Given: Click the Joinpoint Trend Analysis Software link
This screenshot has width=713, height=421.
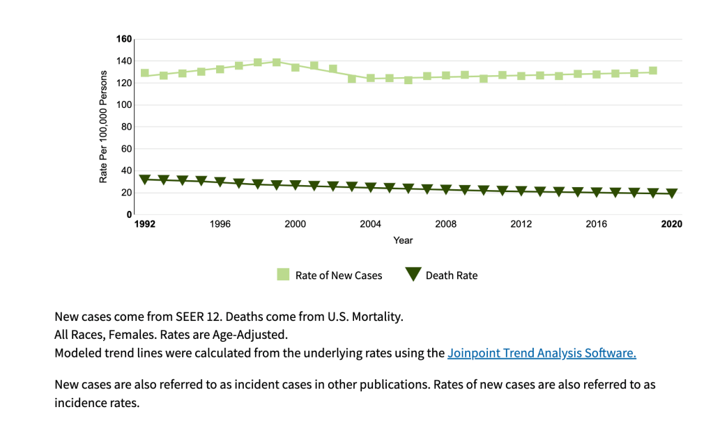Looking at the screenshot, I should click(x=542, y=353).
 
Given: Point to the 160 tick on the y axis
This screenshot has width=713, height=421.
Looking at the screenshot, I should click(x=124, y=39).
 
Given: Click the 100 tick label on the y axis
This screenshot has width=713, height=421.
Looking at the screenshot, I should click(x=124, y=105).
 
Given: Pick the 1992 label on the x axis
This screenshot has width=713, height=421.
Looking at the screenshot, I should click(x=145, y=224).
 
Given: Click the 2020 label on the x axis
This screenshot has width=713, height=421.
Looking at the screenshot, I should click(x=672, y=224).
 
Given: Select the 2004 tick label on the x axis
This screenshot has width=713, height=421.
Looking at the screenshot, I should click(x=371, y=224).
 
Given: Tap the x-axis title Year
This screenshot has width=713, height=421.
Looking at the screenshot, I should click(x=403, y=240).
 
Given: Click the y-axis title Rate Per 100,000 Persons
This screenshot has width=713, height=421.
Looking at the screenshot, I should click(x=103, y=127).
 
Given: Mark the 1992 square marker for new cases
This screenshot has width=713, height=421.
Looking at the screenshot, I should click(x=145, y=73).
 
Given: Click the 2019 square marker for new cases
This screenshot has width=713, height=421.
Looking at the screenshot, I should click(x=653, y=71).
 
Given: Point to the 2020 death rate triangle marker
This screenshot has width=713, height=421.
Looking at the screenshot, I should click(x=672, y=193).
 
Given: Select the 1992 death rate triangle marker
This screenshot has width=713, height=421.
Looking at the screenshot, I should click(x=145, y=180).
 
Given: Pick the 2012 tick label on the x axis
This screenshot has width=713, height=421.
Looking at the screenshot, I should click(x=521, y=224).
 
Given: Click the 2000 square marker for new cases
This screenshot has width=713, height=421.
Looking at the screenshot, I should click(x=296, y=67).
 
